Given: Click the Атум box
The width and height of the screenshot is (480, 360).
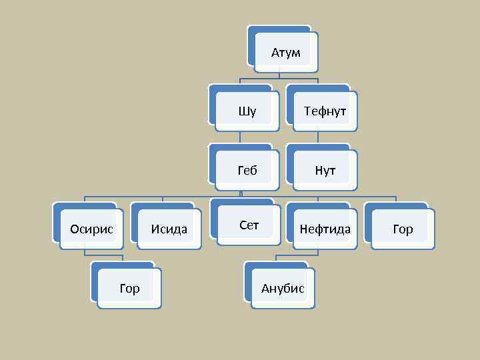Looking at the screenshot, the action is click(285, 52).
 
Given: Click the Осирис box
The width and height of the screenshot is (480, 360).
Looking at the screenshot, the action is click(91, 229).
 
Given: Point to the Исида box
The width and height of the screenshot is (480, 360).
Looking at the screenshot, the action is click(169, 229).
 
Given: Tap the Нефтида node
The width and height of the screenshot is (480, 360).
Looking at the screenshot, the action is click(325, 229).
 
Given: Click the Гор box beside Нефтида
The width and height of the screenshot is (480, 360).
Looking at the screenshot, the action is click(403, 229).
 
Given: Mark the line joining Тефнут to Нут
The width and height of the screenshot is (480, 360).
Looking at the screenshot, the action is click(318, 136).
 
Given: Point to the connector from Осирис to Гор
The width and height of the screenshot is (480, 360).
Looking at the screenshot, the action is click(85, 252).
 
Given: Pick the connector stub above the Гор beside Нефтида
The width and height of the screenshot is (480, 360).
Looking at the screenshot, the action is click(396, 199).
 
